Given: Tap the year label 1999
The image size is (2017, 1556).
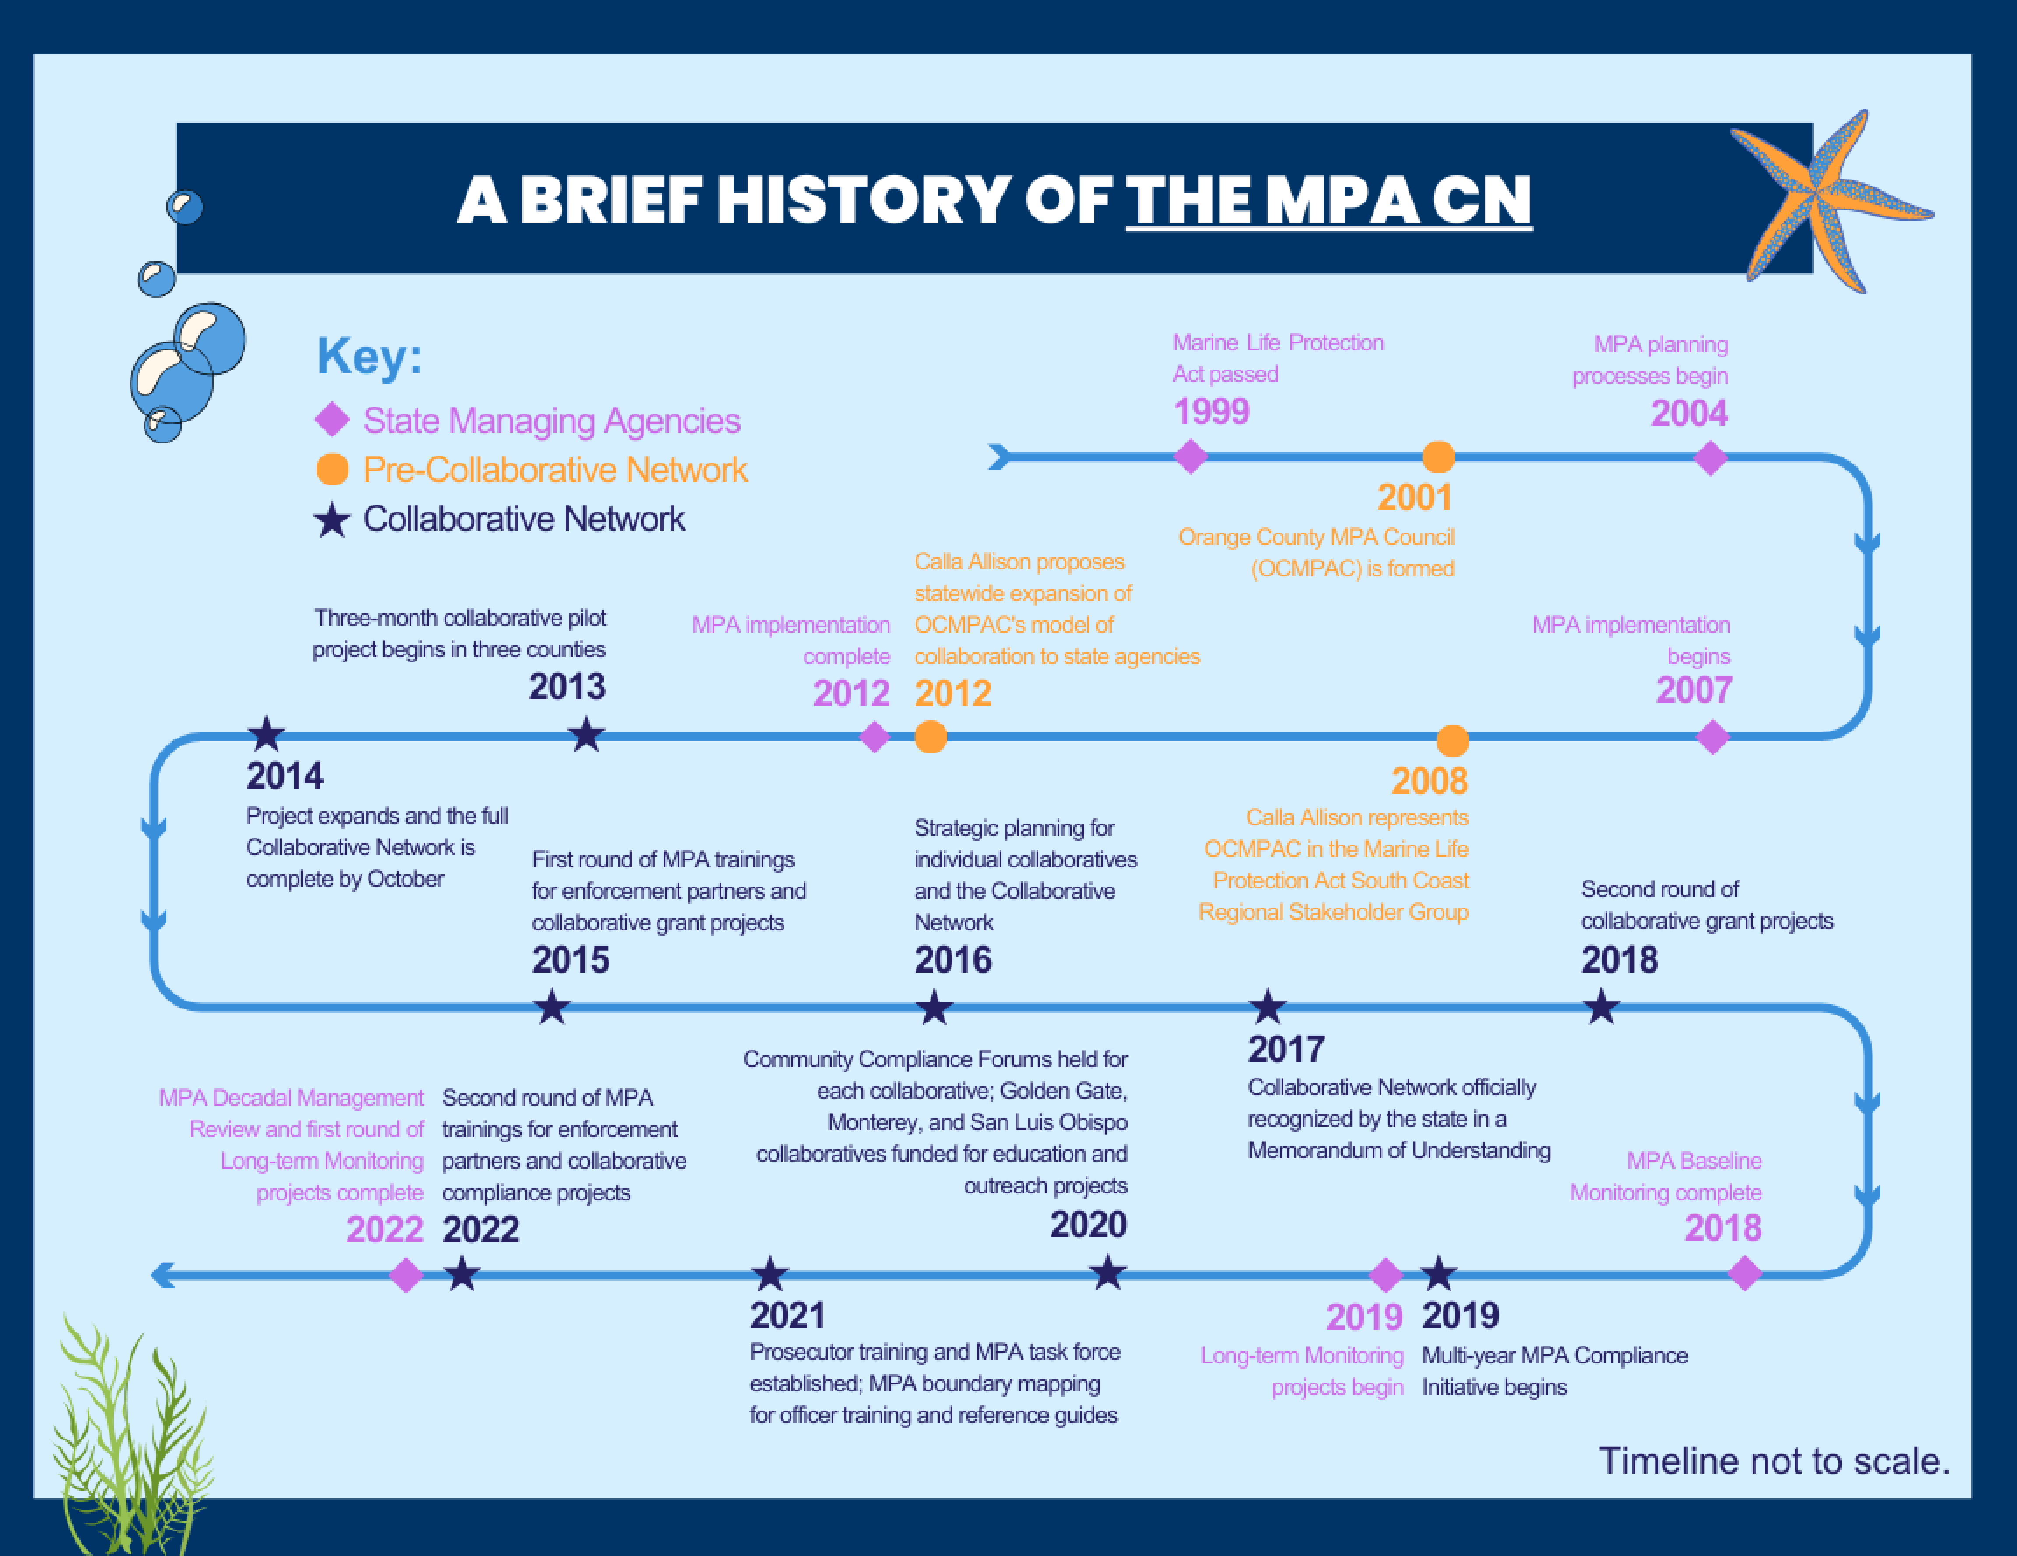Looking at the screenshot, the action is pyautogui.click(x=1211, y=411).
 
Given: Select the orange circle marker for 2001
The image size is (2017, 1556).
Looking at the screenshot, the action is pyautogui.click(x=1438, y=456).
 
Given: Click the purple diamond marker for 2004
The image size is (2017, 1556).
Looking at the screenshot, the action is pyautogui.click(x=1711, y=457).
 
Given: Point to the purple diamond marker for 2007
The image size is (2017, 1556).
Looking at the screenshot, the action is pyautogui.click(x=1713, y=737).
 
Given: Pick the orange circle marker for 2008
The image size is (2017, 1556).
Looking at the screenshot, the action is pyautogui.click(x=1453, y=740).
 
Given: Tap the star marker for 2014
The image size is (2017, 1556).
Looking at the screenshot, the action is pyautogui.click(x=266, y=734).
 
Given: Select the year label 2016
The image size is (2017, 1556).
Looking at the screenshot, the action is pyautogui.click(x=953, y=960).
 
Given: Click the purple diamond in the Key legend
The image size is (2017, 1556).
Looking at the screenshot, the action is pyautogui.click(x=333, y=420).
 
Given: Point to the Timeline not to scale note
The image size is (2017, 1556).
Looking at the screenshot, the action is pyautogui.click(x=1774, y=1461).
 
